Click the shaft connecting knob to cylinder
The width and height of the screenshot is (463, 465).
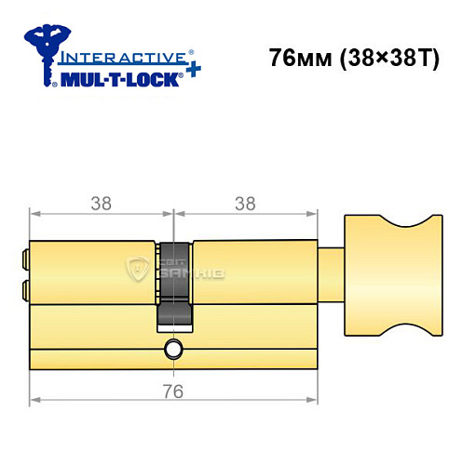(x=330, y=273)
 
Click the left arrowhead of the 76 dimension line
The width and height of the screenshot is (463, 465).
(x=35, y=401)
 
